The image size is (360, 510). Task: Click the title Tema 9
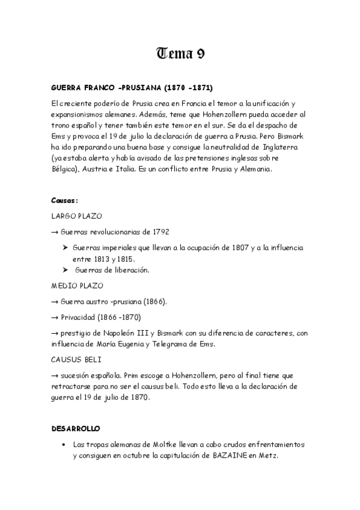tap(180, 54)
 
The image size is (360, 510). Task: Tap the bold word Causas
tap(64, 200)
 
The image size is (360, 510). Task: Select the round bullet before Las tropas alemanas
tap(64, 444)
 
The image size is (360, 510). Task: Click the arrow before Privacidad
tap(54, 316)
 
